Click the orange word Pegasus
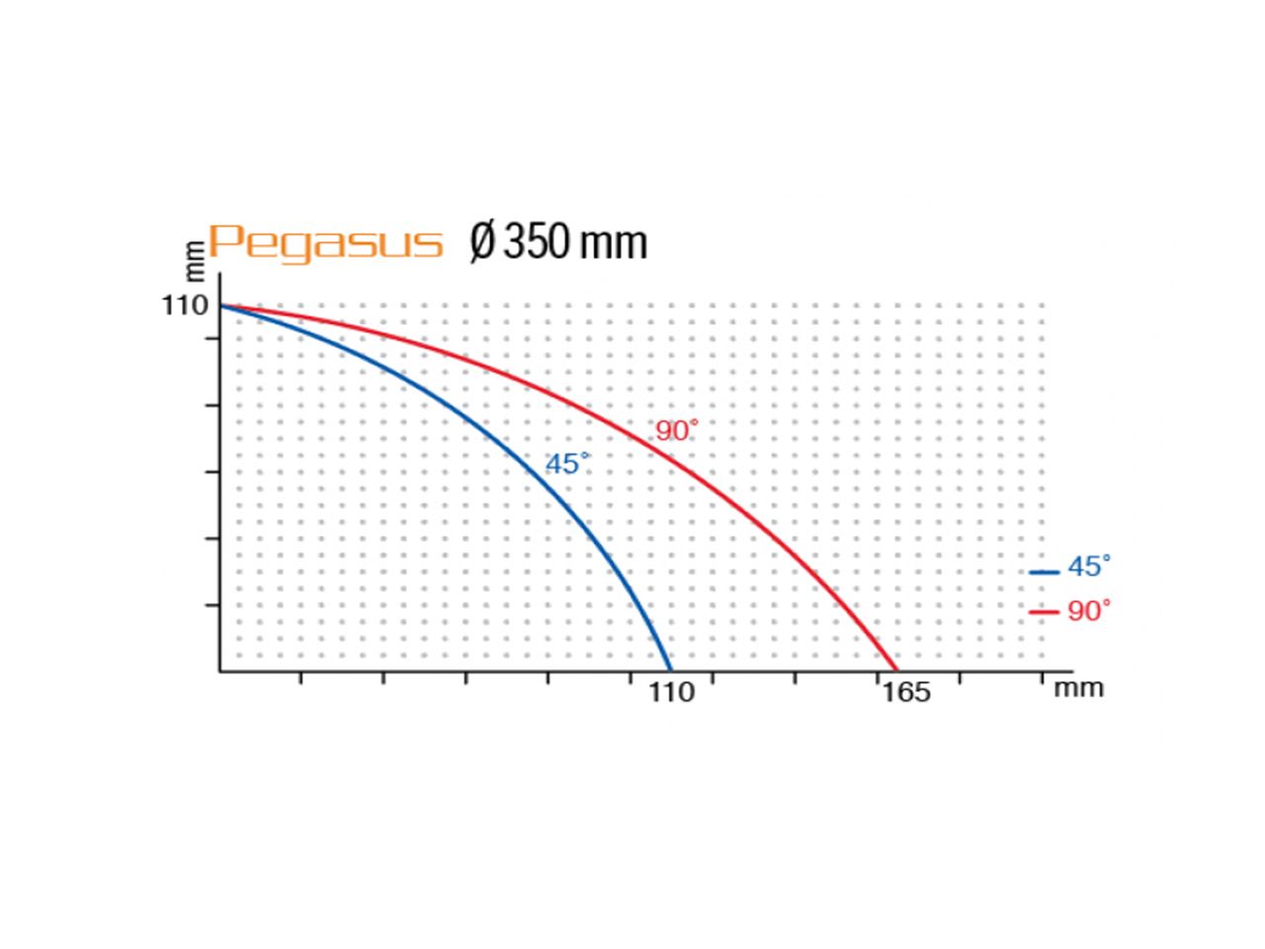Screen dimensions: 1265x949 tap(324, 243)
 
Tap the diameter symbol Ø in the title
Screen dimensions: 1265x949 tap(482, 242)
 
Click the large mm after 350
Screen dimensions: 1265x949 tap(613, 245)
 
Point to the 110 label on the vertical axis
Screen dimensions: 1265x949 tap(185, 305)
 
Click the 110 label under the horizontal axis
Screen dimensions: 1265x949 tap(671, 692)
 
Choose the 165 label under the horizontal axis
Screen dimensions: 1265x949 tap(906, 692)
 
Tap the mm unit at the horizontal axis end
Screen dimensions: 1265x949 tap(1077, 689)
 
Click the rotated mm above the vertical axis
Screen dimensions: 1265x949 tap(196, 261)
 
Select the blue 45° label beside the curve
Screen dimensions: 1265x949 tap(567, 464)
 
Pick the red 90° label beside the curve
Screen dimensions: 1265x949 tap(677, 430)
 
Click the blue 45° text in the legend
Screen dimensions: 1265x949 tap(1089, 567)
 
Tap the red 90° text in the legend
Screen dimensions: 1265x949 tap(1089, 611)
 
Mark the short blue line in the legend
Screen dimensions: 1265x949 tap(1044, 572)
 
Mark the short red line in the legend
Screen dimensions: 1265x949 tap(1044, 612)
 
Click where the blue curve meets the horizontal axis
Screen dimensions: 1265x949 tap(670, 670)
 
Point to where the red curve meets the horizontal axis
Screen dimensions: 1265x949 tap(896, 670)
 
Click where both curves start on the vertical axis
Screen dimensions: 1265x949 tap(220, 304)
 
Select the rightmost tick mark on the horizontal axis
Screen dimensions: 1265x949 tap(1042, 677)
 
